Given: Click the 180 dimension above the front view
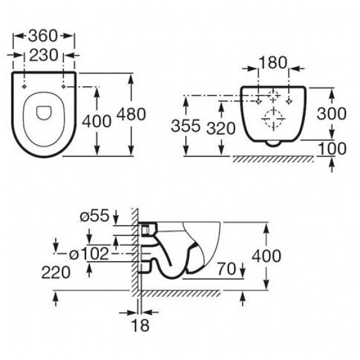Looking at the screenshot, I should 274,63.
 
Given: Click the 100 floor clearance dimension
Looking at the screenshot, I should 334,149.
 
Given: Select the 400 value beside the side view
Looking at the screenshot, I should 267,255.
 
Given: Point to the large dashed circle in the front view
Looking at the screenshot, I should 274,119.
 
